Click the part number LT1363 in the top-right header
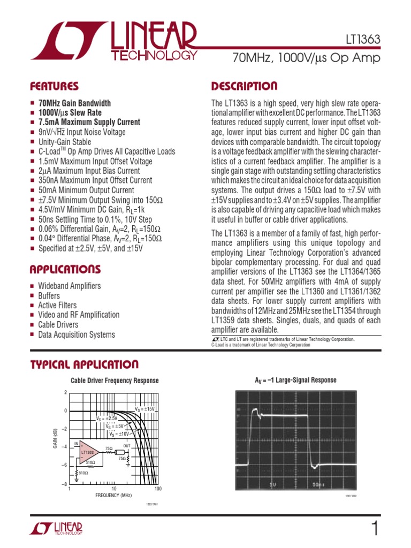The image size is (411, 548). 362,40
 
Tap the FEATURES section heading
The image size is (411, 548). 54,87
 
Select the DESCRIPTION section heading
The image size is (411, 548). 244,87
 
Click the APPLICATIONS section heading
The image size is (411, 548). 65,269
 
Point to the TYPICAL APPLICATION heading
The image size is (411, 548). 84,365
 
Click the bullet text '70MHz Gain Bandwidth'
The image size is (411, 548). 74,103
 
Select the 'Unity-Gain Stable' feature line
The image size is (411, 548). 64,142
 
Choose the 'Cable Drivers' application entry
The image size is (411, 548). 58,325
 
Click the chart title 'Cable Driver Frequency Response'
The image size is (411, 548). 115,380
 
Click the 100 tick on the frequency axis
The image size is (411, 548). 158,489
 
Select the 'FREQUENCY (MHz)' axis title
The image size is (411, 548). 113,496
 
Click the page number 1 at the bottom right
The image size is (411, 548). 375,529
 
